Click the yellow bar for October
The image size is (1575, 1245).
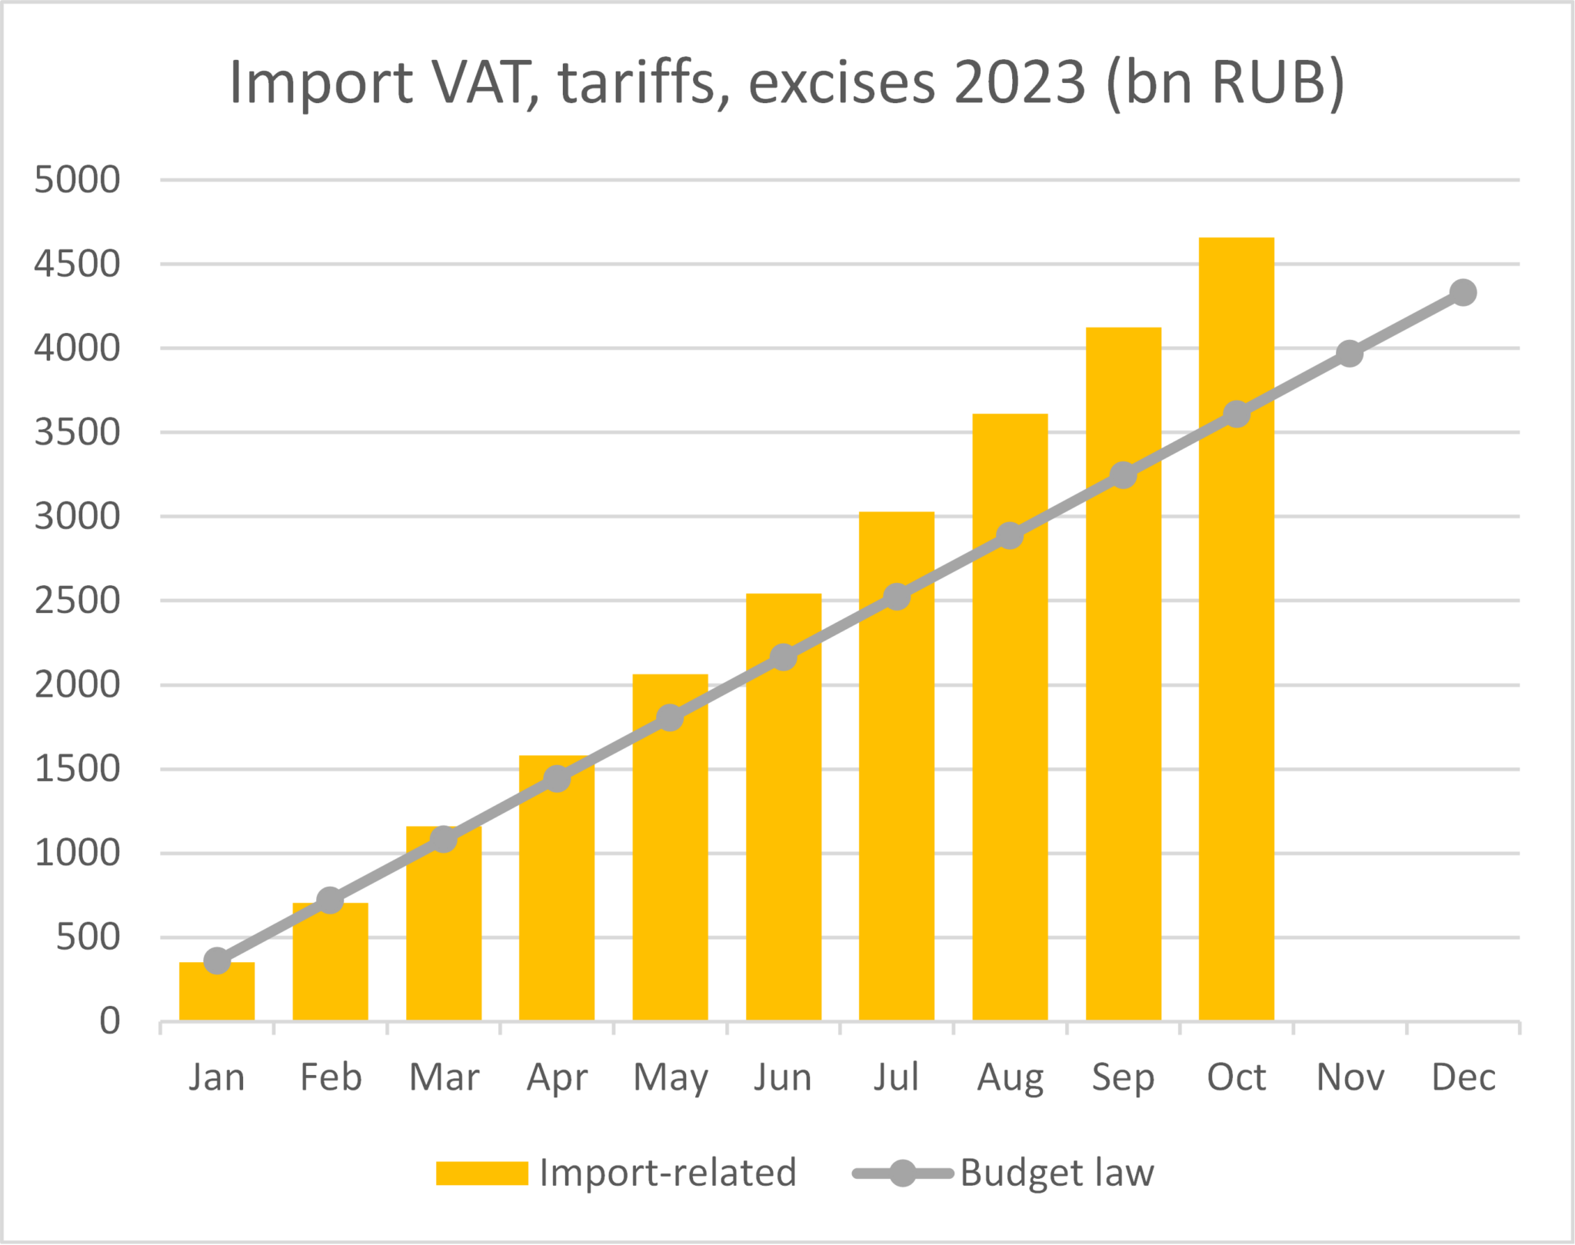pyautogui.click(x=1236, y=692)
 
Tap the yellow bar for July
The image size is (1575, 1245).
pyautogui.click(x=897, y=807)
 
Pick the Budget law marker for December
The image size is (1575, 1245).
pyautogui.click(x=1463, y=292)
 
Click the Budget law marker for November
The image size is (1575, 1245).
pyautogui.click(x=1350, y=354)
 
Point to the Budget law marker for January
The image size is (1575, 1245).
pyautogui.click(x=217, y=960)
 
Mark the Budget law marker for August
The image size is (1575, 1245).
pyautogui.click(x=1010, y=536)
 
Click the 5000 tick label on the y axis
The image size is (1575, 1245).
pyautogui.click(x=78, y=180)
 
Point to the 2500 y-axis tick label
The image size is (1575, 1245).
pyautogui.click(x=78, y=601)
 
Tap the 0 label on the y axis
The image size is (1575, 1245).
pyautogui.click(x=110, y=1021)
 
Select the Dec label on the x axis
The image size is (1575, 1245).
pyautogui.click(x=1463, y=1077)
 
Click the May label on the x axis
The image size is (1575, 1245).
pyautogui.click(x=670, y=1078)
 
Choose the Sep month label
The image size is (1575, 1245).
pyautogui.click(x=1123, y=1078)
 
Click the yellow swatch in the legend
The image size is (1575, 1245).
pyautogui.click(x=481, y=1173)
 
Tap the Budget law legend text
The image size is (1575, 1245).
pyautogui.click(x=1057, y=1173)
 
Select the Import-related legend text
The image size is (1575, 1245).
pyautogui.click(x=668, y=1173)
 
